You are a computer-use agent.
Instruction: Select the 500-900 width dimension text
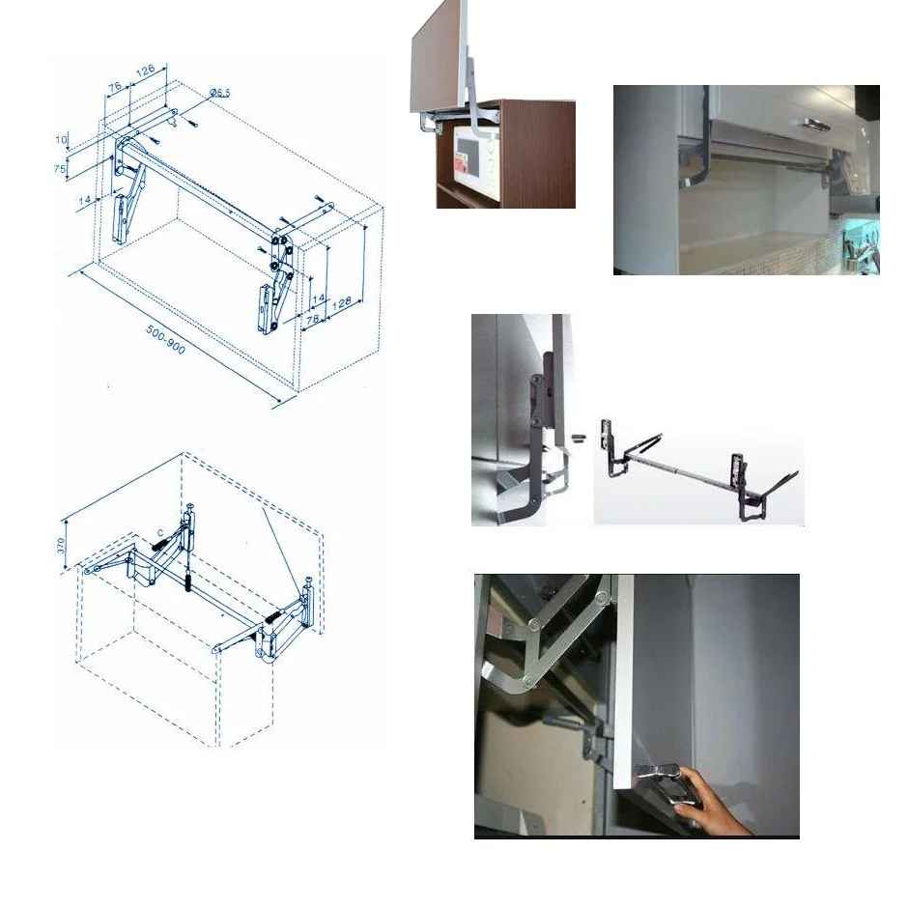pyautogui.click(x=165, y=339)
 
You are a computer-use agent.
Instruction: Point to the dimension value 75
pyautogui.click(x=60, y=169)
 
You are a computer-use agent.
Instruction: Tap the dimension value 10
pyautogui.click(x=61, y=141)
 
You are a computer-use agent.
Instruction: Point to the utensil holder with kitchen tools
pyautogui.click(x=863, y=253)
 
